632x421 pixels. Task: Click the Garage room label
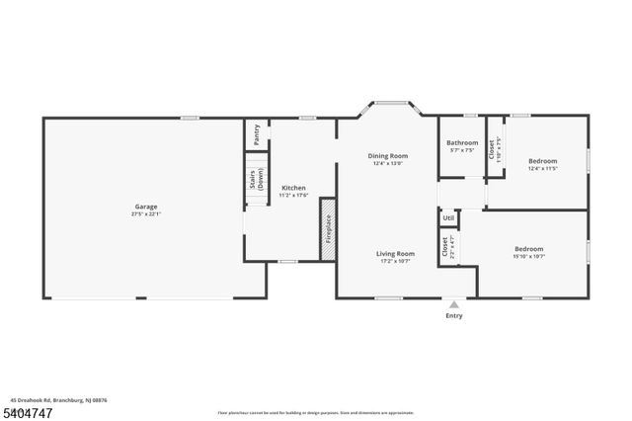click(x=146, y=207)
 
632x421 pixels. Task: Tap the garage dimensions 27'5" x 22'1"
click(x=146, y=214)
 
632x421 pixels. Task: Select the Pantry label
click(x=257, y=129)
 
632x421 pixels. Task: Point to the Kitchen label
click(x=293, y=188)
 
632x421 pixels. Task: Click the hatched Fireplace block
click(x=328, y=229)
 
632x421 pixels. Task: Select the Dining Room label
click(x=387, y=156)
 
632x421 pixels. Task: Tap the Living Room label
click(x=394, y=253)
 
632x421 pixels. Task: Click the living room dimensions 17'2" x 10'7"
click(x=394, y=261)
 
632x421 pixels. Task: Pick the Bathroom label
click(x=462, y=143)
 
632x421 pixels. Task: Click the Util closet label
click(x=448, y=218)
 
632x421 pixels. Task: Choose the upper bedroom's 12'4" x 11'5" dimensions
click(x=542, y=168)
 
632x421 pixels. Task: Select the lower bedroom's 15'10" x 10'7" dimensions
click(x=528, y=257)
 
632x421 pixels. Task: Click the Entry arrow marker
click(x=453, y=304)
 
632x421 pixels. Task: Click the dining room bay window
click(x=387, y=102)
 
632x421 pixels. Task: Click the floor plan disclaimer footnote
click(x=316, y=412)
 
